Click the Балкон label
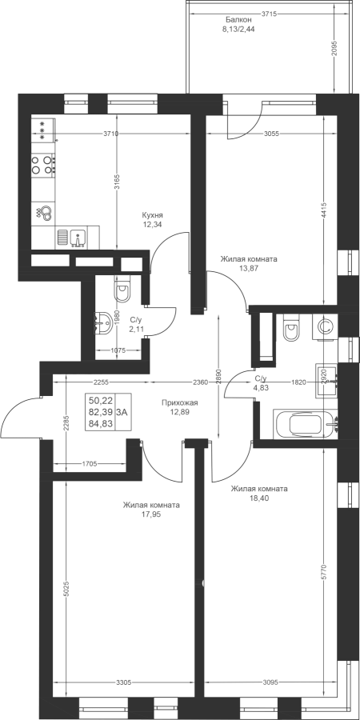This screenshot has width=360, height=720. point(238,19)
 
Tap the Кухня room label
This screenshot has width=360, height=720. point(153,215)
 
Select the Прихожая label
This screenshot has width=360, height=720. point(179,402)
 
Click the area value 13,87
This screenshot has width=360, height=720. point(249,269)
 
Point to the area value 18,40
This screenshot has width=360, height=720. point(259,498)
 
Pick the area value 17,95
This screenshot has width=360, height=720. point(151,514)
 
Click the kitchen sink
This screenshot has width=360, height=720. point(77,238)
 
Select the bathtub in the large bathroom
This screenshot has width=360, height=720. point(306,424)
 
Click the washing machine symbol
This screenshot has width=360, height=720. point(325,327)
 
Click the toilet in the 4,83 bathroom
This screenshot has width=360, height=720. point(291,327)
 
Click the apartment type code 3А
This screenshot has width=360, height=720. point(122,412)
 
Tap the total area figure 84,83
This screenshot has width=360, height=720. point(100,423)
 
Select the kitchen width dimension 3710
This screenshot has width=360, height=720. point(111,134)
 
